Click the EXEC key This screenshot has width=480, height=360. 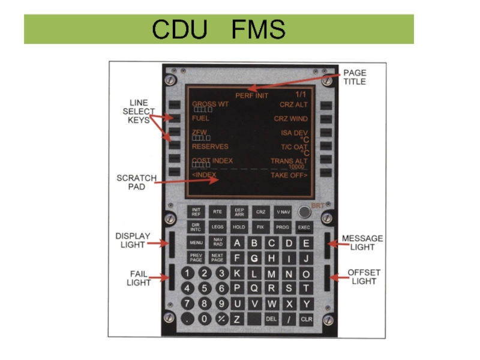point(305,228)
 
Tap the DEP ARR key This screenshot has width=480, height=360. point(239,212)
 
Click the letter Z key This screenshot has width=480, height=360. point(237,319)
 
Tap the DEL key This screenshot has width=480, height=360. point(271,319)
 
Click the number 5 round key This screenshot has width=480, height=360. point(205,289)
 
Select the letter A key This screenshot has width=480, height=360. point(237,243)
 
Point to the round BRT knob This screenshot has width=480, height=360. point(305,212)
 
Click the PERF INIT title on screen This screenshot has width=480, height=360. point(251,95)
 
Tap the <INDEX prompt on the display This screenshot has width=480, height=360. point(204,175)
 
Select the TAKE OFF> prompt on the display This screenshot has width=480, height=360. point(289,175)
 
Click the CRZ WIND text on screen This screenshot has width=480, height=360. point(290,119)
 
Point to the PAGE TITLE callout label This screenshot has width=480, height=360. point(355,77)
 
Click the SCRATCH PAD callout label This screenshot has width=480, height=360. point(136,182)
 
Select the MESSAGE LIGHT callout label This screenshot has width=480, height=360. point(362,243)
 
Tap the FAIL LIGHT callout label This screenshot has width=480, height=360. point(138,278)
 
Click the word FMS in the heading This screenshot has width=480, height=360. point(259,29)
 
